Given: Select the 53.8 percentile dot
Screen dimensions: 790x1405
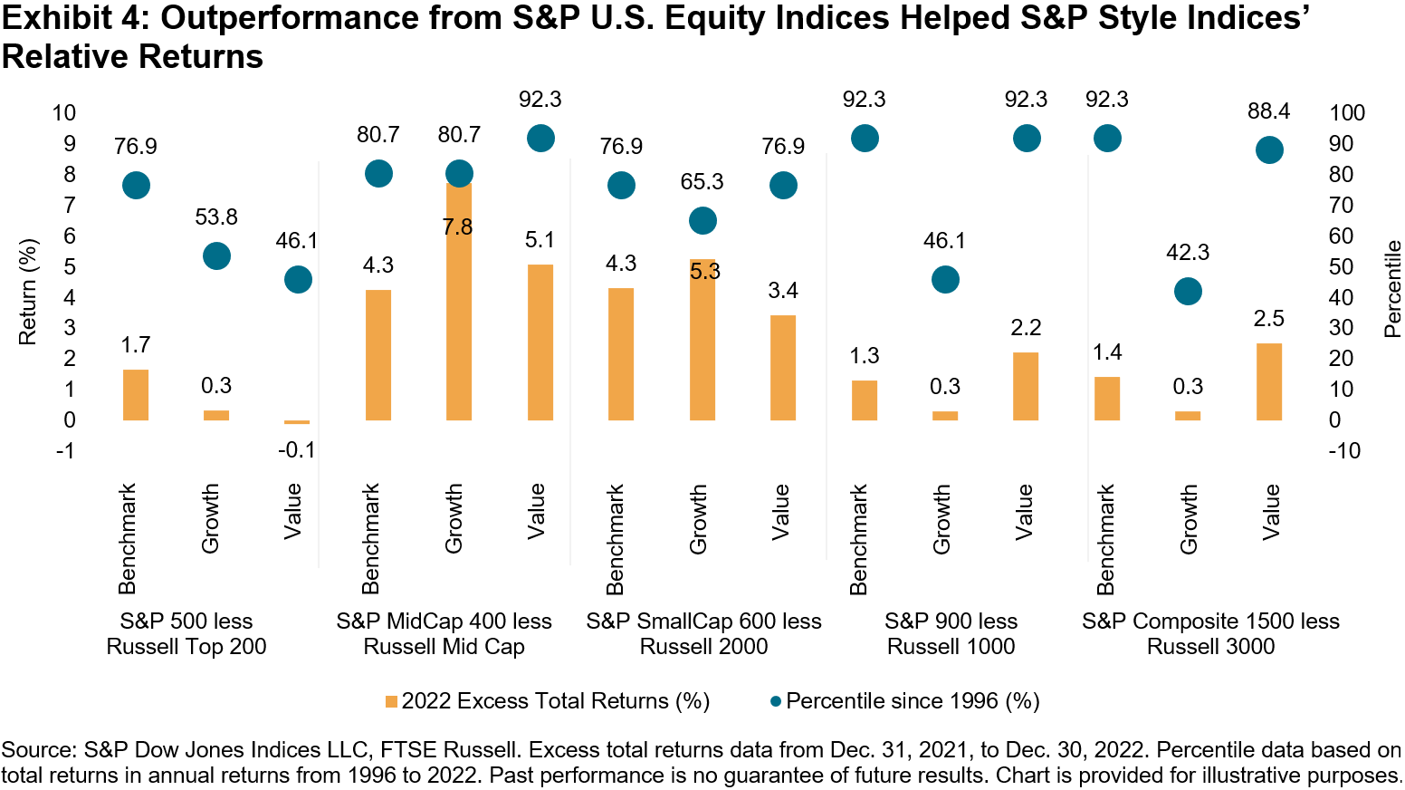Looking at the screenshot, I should [216, 256].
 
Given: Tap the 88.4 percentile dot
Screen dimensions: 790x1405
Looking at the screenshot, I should [1269, 150].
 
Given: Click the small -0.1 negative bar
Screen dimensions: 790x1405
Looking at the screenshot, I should [297, 422].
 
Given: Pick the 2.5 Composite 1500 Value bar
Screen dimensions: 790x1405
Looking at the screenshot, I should [1269, 381].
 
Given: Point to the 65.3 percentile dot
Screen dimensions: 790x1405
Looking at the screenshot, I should [702, 220].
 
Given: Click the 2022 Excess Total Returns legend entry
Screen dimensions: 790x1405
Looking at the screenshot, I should [547, 700].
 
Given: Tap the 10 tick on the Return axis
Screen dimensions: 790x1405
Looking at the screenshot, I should [64, 113].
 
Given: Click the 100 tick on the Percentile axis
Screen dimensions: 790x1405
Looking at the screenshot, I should [1346, 113].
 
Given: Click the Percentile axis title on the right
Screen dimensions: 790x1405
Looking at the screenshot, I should [1391, 288].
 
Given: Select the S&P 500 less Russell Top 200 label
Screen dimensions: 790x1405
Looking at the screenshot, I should [186, 633].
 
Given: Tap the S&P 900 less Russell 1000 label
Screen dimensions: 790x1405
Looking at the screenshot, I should [951, 633].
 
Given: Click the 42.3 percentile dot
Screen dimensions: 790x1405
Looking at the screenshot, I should [1188, 292].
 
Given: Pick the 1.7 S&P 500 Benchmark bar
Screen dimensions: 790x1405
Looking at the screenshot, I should [136, 395].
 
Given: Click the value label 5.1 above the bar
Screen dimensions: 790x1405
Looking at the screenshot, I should [540, 240].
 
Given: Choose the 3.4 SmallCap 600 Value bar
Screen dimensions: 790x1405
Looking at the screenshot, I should [783, 368].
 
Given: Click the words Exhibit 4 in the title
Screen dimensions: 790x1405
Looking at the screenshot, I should [71, 18].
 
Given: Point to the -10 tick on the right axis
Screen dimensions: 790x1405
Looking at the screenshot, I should [1344, 450].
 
